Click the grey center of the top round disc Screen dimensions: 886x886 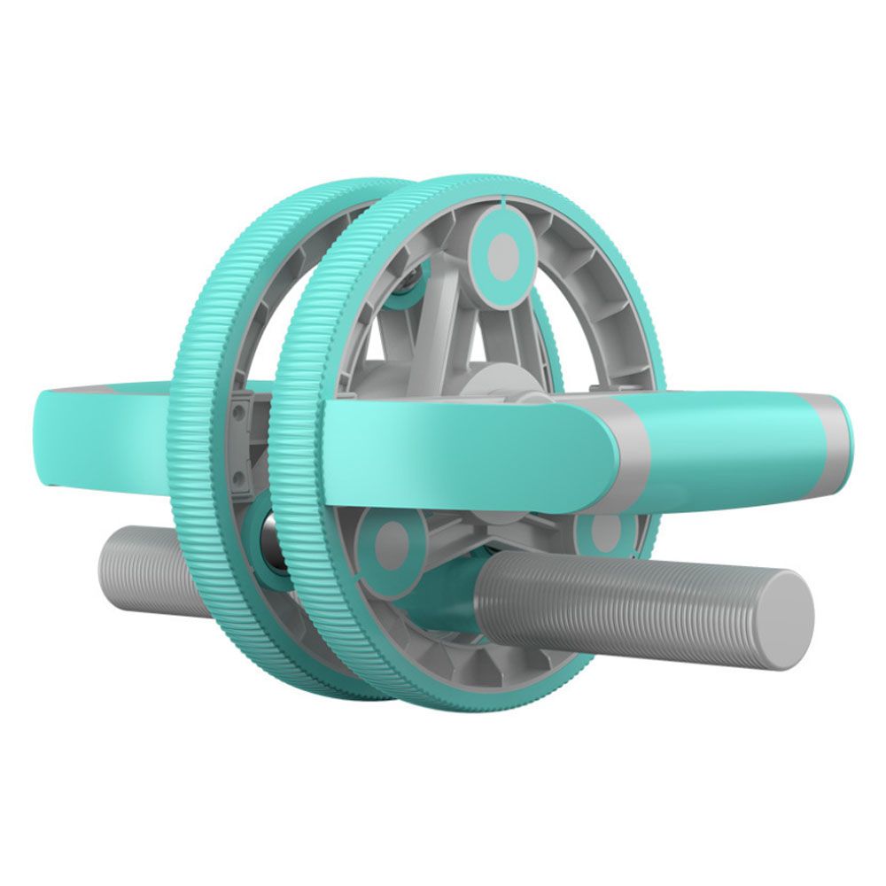(502, 253)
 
